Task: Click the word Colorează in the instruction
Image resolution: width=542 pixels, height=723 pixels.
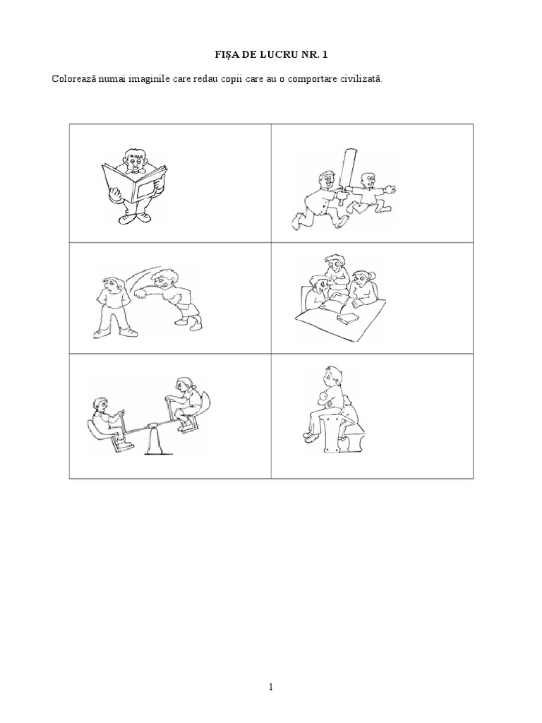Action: tap(73, 78)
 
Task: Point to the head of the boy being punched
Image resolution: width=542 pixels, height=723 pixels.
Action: tap(111, 284)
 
